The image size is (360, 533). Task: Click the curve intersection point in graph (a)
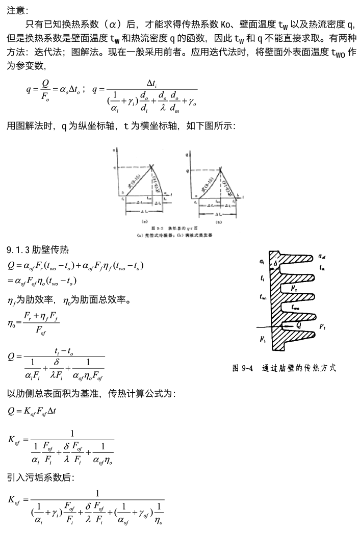(151, 166)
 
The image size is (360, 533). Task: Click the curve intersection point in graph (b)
(220, 168)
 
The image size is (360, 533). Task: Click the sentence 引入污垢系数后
(40, 478)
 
